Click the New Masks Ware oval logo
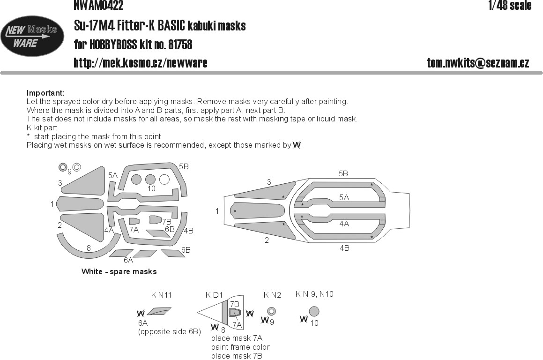32,37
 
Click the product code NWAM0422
98,6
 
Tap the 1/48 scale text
509,6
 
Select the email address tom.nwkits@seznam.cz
478,63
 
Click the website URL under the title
141,63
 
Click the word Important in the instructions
45,93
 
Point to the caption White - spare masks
119,271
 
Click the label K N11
161,295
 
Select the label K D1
214,295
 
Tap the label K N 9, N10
314,294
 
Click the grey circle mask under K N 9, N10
314,311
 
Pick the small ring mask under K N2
271,311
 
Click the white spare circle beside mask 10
164,180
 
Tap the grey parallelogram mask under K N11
159,311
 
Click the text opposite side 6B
170,332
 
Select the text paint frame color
240,347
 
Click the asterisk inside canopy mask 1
235,211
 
